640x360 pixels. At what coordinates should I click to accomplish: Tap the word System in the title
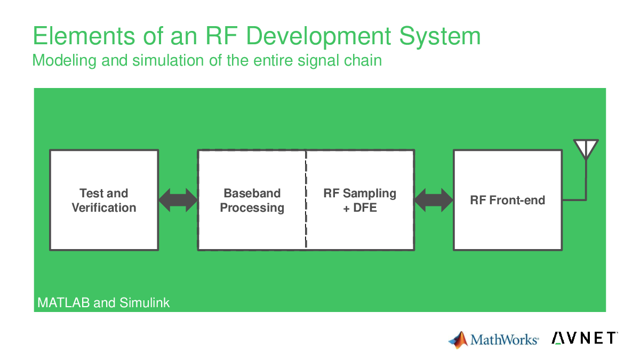439,37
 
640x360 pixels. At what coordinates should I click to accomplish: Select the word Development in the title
318,37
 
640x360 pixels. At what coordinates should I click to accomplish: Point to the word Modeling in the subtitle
65,61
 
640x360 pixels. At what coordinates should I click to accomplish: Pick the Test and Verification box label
104,201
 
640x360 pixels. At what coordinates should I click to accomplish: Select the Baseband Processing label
252,201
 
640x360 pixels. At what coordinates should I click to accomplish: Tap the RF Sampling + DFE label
359,201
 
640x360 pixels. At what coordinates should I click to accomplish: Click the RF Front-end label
508,200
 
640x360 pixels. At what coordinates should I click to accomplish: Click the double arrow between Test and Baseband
178,200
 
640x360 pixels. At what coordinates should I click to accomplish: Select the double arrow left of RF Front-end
434,200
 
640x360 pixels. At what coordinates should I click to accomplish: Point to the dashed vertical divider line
306,199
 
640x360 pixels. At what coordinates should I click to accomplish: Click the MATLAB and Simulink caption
103,302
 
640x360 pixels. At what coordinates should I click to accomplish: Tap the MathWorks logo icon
458,340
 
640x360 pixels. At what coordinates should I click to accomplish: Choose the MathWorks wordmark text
505,340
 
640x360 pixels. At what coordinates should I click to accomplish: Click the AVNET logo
585,338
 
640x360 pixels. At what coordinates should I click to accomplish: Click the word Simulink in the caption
145,302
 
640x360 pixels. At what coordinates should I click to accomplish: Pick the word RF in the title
222,36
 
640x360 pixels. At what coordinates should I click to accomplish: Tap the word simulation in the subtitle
169,60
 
